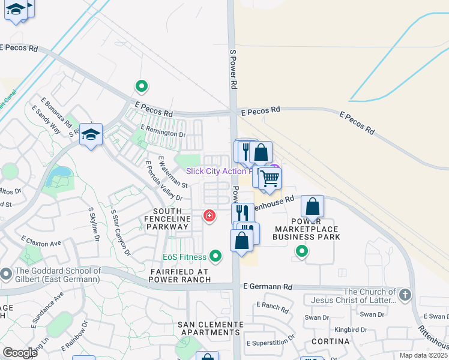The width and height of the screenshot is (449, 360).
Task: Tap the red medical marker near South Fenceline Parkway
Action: (x=209, y=215)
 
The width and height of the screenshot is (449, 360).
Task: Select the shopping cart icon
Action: (x=270, y=178)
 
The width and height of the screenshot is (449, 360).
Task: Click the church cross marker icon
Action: (x=405, y=295)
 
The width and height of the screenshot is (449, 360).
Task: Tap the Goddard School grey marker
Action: (x=6, y=274)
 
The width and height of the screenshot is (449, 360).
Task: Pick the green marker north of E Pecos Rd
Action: (x=142, y=88)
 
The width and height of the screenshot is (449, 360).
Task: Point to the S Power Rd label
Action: (x=234, y=70)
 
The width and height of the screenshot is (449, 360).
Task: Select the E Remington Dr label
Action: (x=163, y=131)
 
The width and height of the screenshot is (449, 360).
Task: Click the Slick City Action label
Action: (x=216, y=171)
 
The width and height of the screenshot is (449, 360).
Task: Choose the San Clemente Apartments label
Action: (x=210, y=328)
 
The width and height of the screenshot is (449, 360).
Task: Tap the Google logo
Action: (x=20, y=352)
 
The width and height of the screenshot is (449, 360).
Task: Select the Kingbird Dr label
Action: (x=351, y=329)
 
